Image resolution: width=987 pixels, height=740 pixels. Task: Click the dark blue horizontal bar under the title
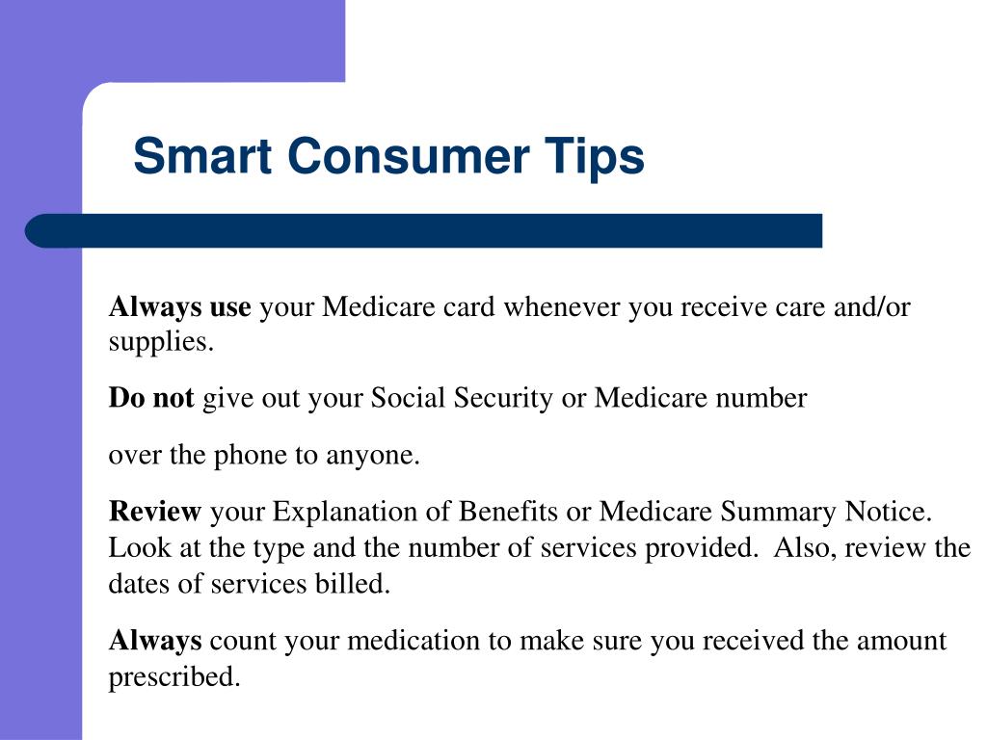[424, 231]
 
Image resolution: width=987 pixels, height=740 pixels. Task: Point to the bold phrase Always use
[179, 307]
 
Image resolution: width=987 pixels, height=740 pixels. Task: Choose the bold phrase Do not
[151, 398]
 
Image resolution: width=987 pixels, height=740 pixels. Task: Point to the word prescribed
[173, 677]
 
